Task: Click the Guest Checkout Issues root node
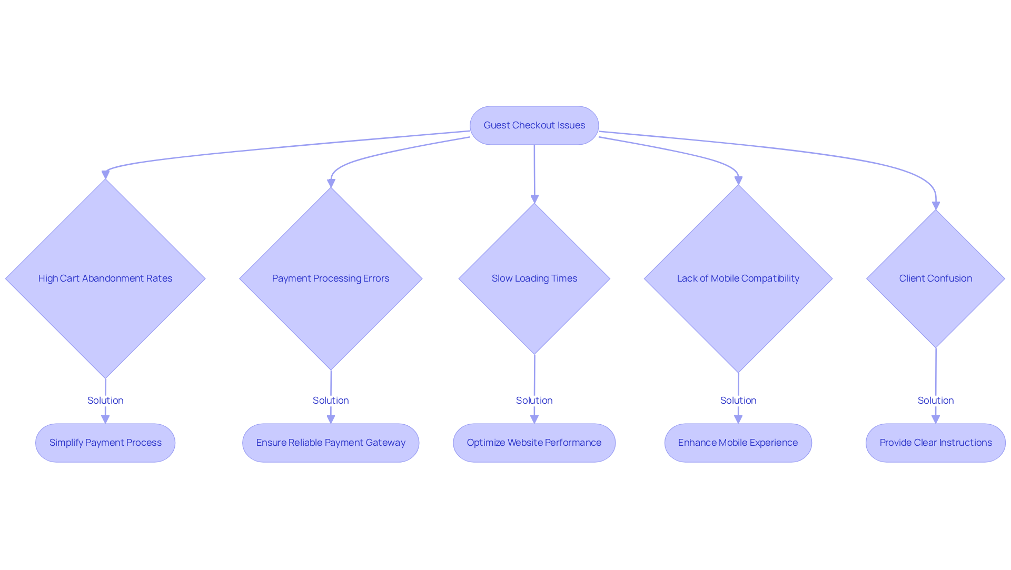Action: pos(534,125)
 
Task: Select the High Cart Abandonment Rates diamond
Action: pos(105,278)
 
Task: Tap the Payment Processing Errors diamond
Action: pos(331,278)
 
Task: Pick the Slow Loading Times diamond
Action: pos(534,278)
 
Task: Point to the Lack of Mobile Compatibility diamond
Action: pos(738,278)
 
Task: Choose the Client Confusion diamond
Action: pos(936,278)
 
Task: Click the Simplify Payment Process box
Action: pos(105,443)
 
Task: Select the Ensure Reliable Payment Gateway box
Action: pos(331,443)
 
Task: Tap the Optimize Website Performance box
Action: pos(534,443)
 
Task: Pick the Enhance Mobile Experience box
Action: pos(738,443)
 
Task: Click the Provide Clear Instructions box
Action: pos(936,443)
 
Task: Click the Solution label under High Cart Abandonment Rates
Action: pos(105,401)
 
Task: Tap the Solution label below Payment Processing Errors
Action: pos(331,401)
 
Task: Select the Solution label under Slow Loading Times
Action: pos(534,401)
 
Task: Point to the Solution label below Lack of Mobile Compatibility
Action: pos(738,401)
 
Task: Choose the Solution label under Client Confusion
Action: pos(936,401)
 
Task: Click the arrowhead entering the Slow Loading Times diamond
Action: pos(534,199)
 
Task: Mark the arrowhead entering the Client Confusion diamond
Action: pos(936,206)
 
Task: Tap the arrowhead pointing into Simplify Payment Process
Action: pos(105,419)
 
